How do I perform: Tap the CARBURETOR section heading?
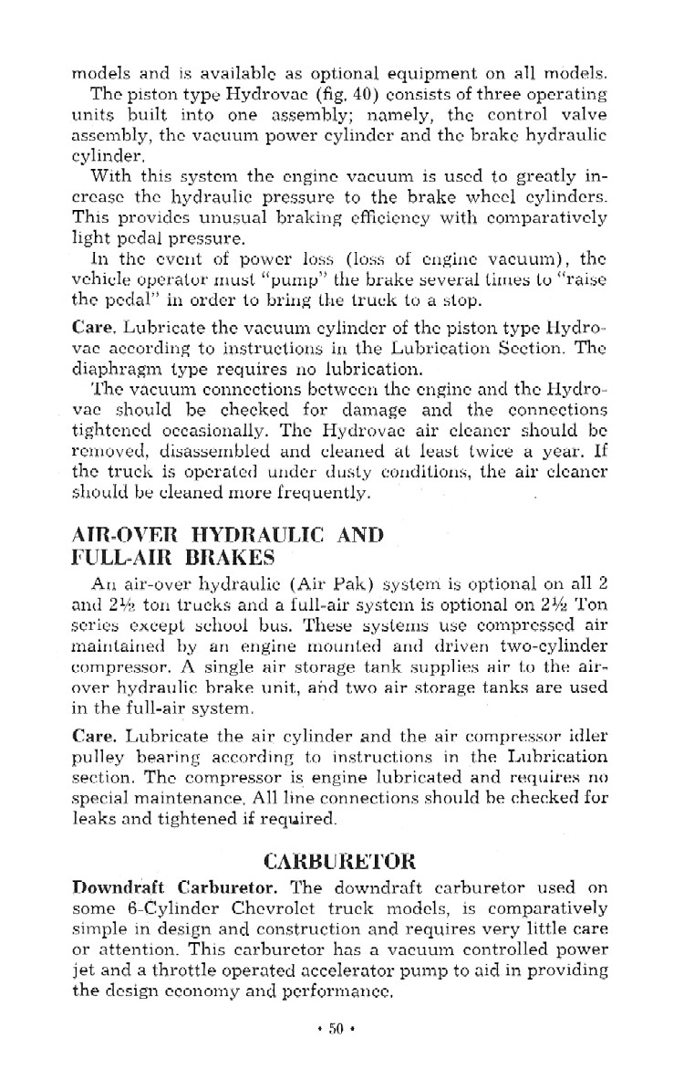click(339, 861)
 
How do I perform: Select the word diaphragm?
click(124, 370)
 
